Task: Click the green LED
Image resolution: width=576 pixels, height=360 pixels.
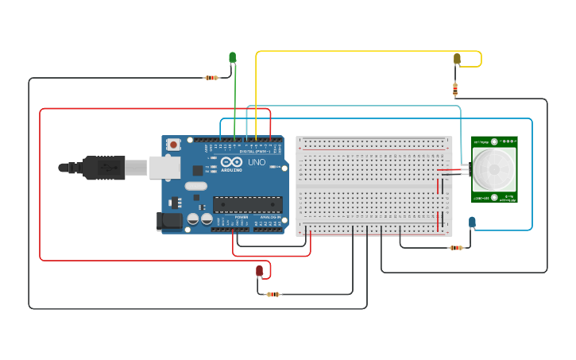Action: click(x=233, y=57)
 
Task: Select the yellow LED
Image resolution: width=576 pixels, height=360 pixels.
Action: click(x=457, y=59)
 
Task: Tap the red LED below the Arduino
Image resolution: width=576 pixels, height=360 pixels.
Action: click(x=259, y=271)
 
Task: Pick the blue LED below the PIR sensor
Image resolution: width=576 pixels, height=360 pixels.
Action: click(x=472, y=222)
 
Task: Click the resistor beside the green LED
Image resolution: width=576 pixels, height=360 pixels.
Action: click(x=211, y=78)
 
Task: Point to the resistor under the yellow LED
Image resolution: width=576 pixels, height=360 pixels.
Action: click(x=455, y=88)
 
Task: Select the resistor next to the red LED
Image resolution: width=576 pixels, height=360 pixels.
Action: click(x=273, y=294)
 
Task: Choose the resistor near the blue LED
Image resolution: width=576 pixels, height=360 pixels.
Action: click(x=455, y=248)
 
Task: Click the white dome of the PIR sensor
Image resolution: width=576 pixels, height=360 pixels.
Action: click(x=493, y=165)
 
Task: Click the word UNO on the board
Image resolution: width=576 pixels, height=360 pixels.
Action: click(x=257, y=162)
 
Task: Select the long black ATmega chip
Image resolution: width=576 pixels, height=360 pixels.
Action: click(x=246, y=204)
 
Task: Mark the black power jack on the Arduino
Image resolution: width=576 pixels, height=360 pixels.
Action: click(x=170, y=222)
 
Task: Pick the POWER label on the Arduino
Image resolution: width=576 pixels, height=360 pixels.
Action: click(x=242, y=216)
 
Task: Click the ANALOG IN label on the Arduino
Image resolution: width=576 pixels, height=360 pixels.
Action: click(x=269, y=216)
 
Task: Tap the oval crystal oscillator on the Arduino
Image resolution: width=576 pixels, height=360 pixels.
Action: click(x=196, y=187)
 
